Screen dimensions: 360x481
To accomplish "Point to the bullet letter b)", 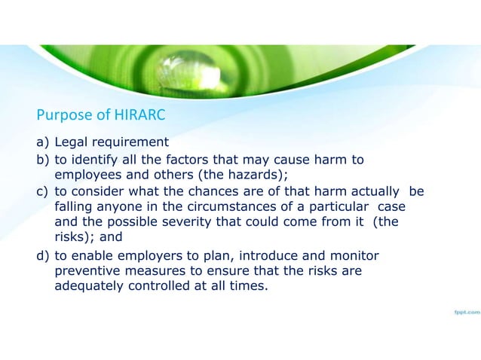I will pos(43,160).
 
